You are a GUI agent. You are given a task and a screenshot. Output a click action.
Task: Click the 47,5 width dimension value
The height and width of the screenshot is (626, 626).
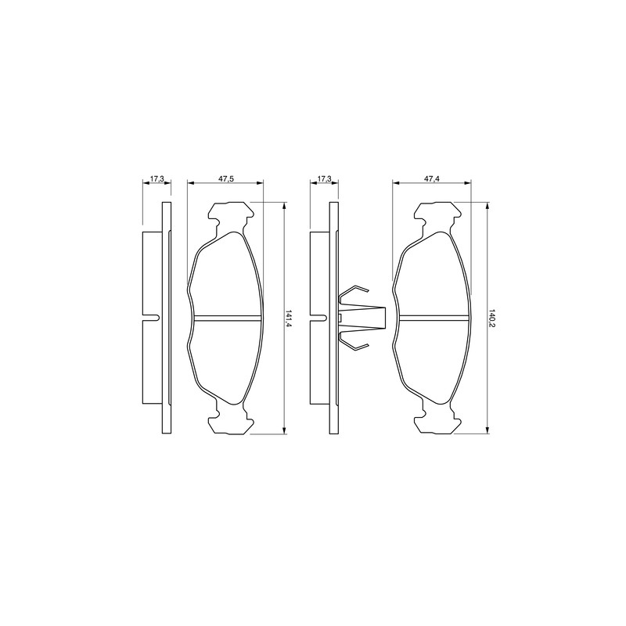[x=225, y=178]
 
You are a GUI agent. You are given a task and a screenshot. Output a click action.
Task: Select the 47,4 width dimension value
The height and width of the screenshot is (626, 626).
[x=432, y=178]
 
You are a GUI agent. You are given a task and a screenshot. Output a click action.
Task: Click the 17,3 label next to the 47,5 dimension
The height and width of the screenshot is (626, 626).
[x=157, y=178]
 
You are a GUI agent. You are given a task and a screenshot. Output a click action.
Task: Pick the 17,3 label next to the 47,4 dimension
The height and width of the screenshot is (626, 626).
[x=325, y=178]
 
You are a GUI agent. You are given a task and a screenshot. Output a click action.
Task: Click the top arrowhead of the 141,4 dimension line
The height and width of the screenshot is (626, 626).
[x=284, y=205]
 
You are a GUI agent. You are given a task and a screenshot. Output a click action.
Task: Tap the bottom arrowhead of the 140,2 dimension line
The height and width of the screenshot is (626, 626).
[x=486, y=430]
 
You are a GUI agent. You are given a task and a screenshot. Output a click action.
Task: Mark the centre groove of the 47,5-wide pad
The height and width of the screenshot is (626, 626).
[x=228, y=318]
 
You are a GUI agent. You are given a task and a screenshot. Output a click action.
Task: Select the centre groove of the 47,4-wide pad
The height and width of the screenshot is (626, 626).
[x=435, y=318]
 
